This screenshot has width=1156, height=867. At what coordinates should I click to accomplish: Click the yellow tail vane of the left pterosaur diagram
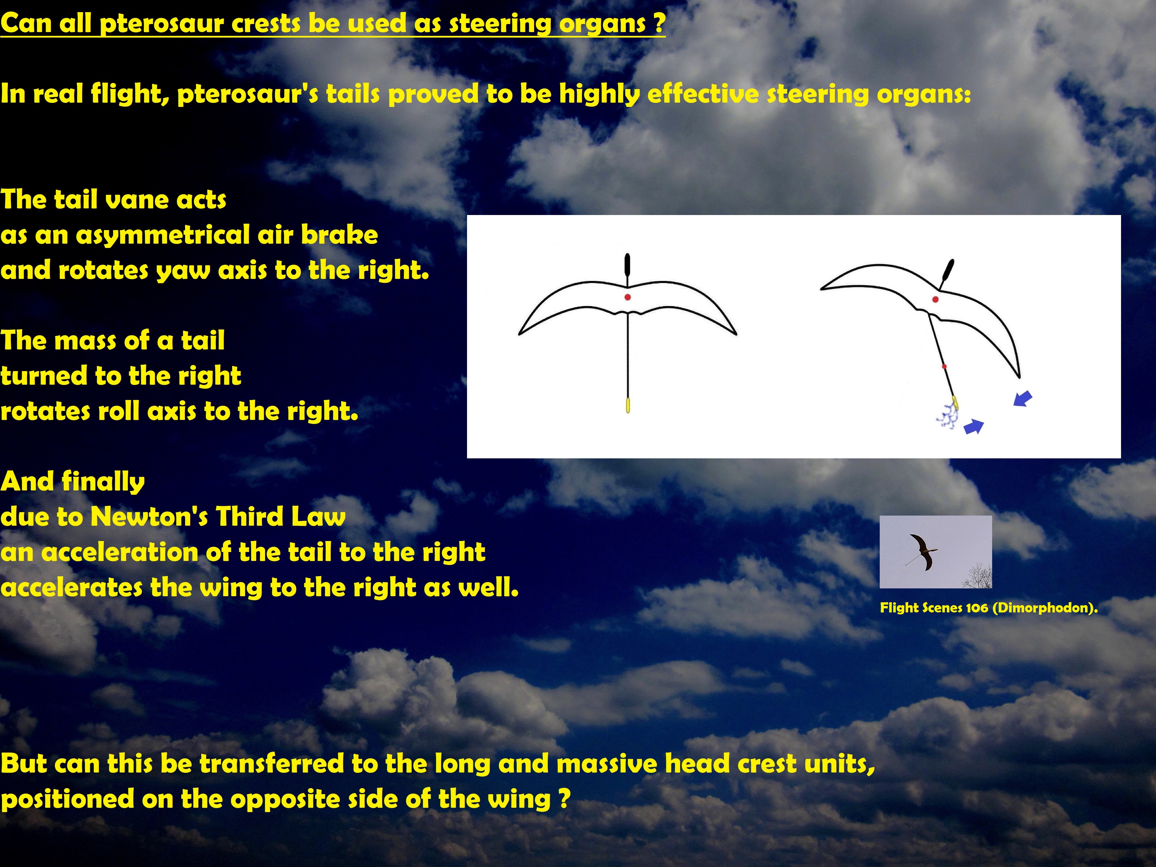click(x=628, y=405)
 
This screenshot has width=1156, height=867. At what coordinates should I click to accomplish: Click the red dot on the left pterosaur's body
click(x=628, y=297)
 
